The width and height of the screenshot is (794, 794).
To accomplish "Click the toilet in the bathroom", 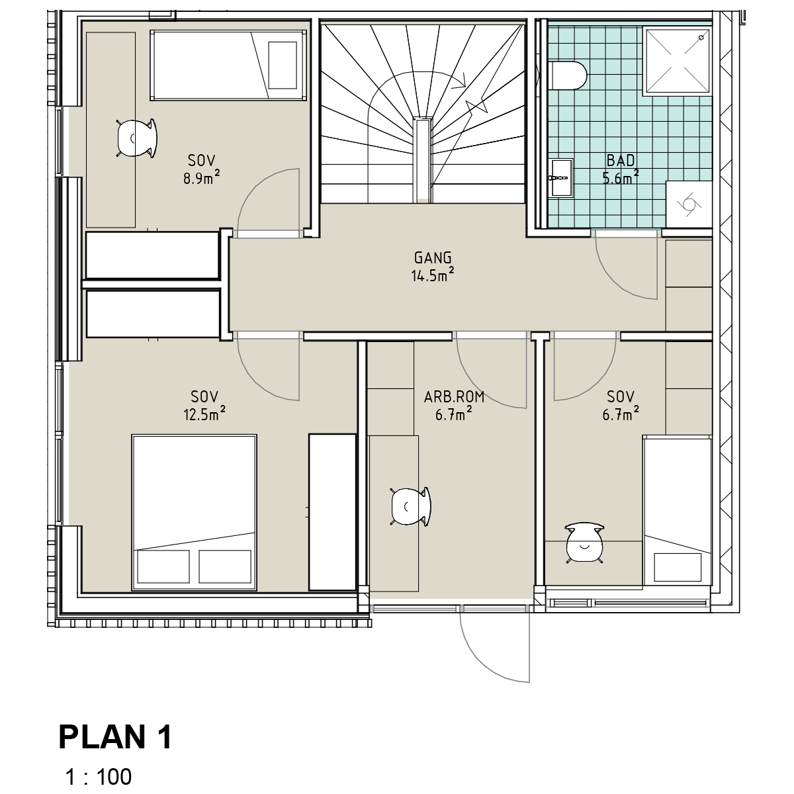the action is click(x=567, y=75).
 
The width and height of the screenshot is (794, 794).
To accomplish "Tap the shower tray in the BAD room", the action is click(x=678, y=61).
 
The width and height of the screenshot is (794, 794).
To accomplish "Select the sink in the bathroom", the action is click(x=560, y=177).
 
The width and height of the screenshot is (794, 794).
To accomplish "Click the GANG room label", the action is click(x=433, y=257).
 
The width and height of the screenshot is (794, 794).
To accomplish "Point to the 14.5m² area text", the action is click(x=433, y=275).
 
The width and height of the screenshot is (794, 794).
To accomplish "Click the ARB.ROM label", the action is click(x=454, y=397).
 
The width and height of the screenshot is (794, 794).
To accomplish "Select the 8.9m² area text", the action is click(x=202, y=177).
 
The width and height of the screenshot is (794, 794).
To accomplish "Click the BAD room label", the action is click(x=621, y=160).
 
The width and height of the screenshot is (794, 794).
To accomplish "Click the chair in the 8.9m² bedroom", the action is click(x=137, y=138).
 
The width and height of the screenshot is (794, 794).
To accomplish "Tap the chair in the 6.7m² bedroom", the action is click(x=584, y=543).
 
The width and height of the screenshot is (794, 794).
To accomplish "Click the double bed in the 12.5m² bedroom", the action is click(x=194, y=512).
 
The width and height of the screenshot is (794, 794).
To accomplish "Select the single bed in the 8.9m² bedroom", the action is click(x=228, y=65).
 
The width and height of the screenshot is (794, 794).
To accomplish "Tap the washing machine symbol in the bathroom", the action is click(x=689, y=204).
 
